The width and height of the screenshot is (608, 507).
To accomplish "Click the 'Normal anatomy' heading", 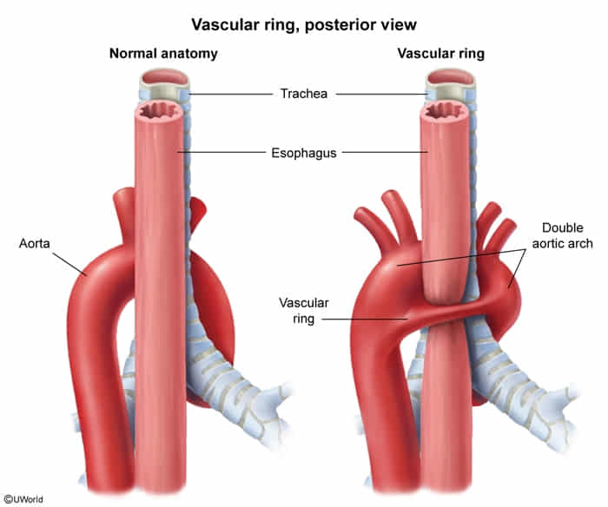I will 162,54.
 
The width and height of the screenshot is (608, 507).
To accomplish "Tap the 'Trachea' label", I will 303,93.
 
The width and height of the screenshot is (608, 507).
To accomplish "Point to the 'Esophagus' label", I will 303,153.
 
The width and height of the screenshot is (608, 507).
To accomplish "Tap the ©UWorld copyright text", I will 24,498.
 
